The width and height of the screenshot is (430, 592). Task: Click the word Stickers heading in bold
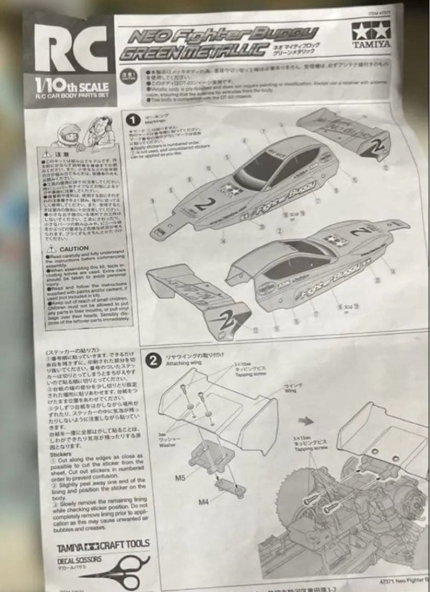(x=61, y=454)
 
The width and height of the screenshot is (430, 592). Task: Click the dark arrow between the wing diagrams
(x=309, y=421)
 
